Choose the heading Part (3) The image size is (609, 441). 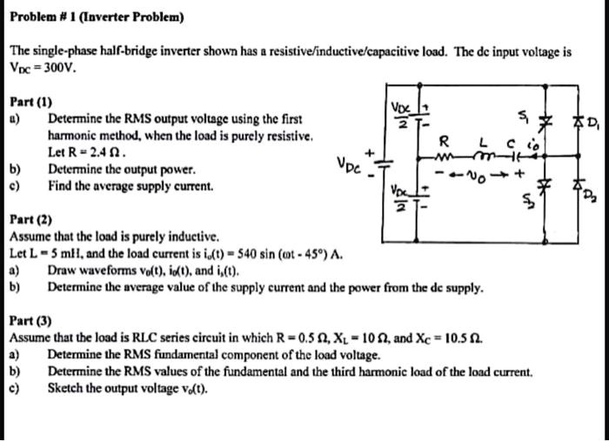pyautogui.click(x=30, y=320)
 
